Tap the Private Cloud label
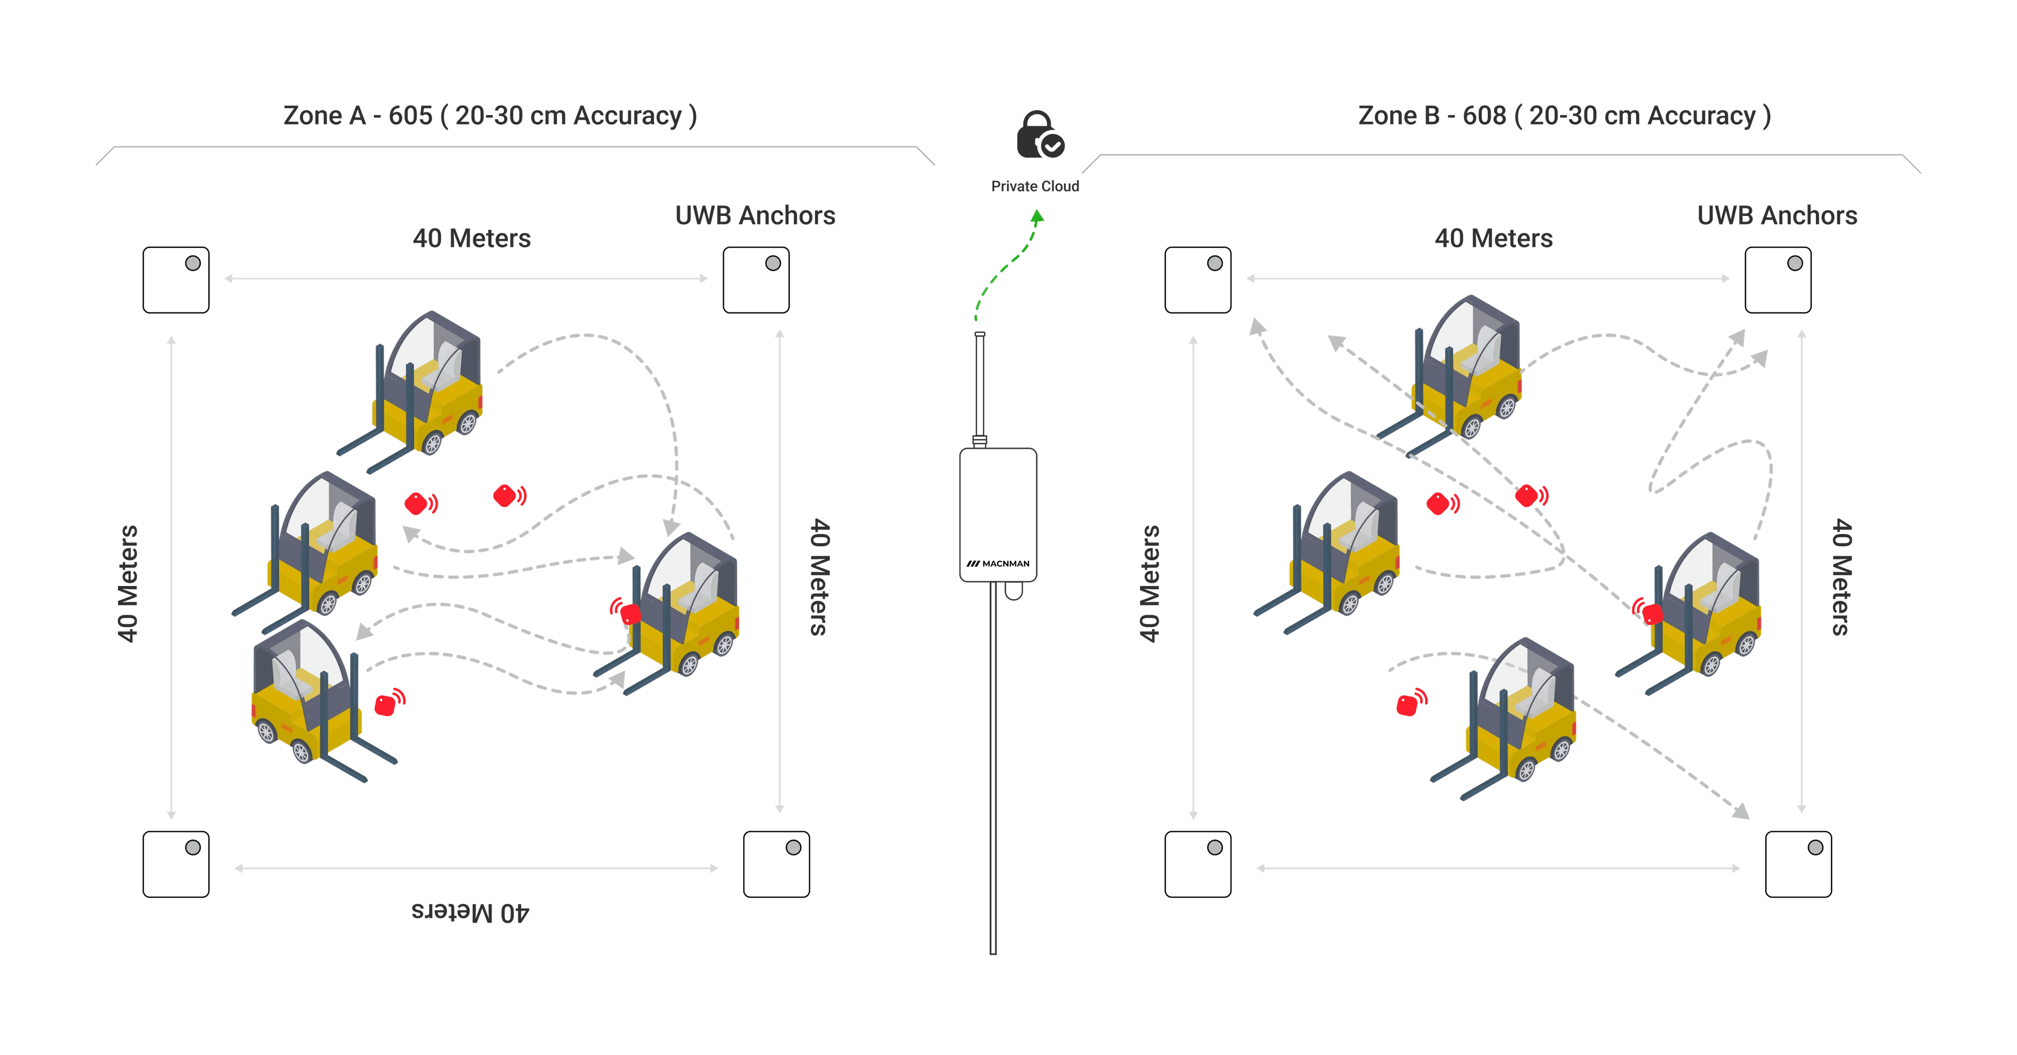pyautogui.click(x=1035, y=186)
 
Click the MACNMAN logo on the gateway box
pyautogui.click(x=999, y=563)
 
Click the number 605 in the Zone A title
pyautogui.click(x=410, y=116)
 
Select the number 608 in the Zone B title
pyautogui.click(x=1484, y=116)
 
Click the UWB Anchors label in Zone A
pyautogui.click(x=755, y=215)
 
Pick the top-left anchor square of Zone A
pyautogui.click(x=175, y=280)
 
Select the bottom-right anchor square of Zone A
pyautogui.click(x=776, y=864)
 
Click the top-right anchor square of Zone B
pyautogui.click(x=1777, y=280)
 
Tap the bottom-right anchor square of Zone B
pyautogui.click(x=1798, y=864)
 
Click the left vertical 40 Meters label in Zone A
pyautogui.click(x=128, y=583)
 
